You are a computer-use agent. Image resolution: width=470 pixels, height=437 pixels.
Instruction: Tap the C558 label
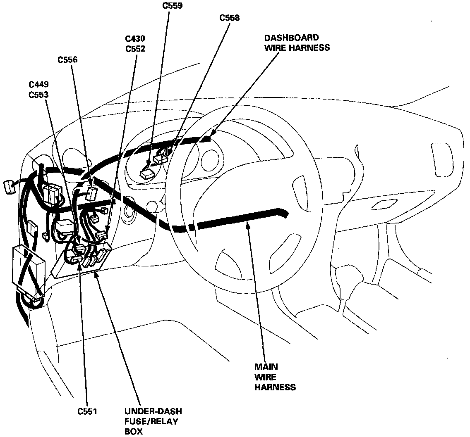(x=230, y=18)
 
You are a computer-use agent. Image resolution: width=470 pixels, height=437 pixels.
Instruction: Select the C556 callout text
(x=67, y=60)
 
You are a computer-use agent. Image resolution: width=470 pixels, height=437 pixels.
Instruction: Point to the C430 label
(x=135, y=39)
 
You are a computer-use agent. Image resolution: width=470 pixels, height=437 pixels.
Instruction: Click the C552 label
(x=135, y=48)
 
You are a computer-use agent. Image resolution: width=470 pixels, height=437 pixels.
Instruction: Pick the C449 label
(x=39, y=85)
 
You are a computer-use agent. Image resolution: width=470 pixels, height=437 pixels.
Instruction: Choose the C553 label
(x=39, y=94)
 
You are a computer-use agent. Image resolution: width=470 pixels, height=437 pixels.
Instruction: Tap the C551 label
(x=87, y=411)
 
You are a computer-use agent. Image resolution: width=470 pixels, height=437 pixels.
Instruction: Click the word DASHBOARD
(x=292, y=38)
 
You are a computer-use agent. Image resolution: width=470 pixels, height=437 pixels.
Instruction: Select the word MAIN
(x=266, y=367)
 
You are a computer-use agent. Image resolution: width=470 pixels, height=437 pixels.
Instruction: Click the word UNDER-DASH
(x=153, y=411)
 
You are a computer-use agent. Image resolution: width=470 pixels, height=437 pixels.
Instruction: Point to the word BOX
(x=133, y=432)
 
